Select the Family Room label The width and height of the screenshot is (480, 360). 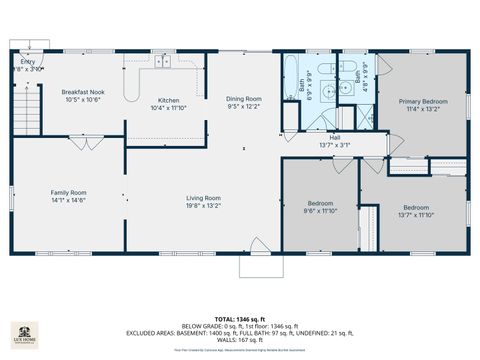pos(70,192)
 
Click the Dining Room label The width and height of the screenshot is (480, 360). pos(243,98)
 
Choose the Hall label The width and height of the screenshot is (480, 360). pos(335,137)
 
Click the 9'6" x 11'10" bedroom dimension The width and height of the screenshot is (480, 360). pos(321,211)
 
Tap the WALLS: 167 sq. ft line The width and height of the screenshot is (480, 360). pos(239,339)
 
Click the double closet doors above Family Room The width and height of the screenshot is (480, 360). pos(86,144)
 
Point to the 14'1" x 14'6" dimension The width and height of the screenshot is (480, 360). pos(70,200)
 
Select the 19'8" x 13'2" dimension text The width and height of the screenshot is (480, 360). pos(203,206)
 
